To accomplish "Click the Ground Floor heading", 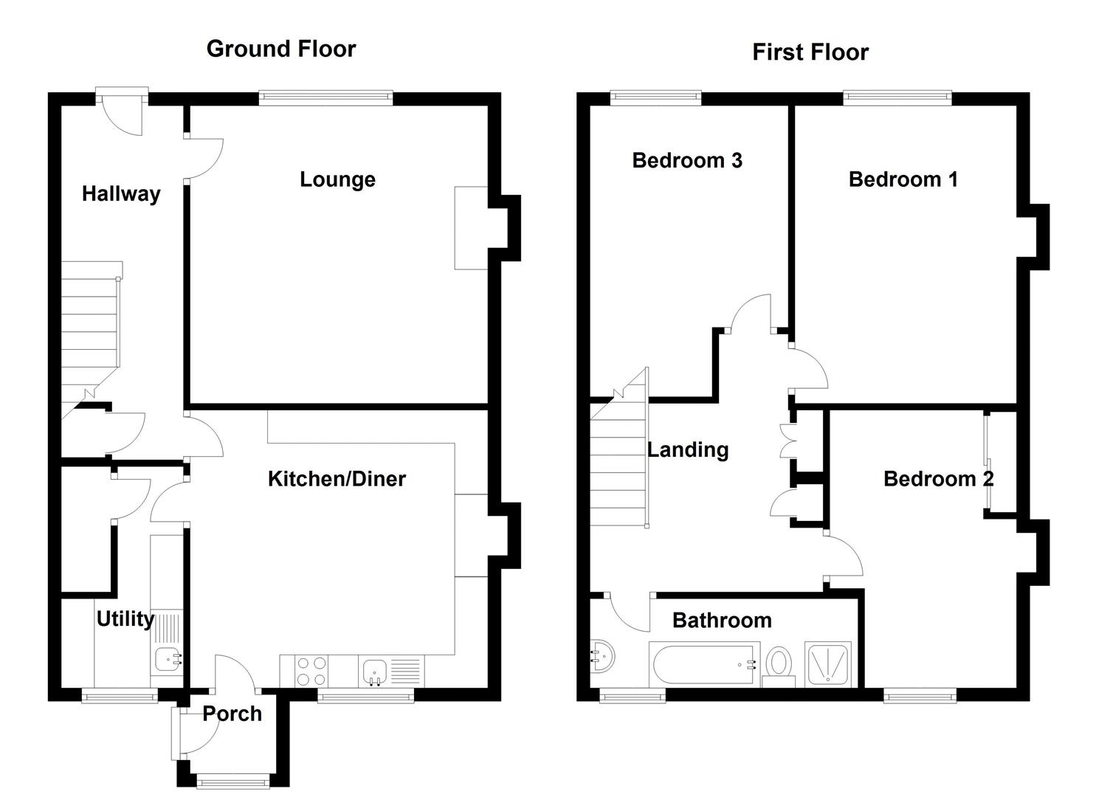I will tap(281, 49).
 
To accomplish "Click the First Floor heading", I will tap(810, 52).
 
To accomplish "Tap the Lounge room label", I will tap(337, 179).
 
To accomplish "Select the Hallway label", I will tap(121, 194).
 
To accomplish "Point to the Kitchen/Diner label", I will tap(337, 479).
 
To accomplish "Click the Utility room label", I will tap(125, 618).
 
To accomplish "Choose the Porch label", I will tap(232, 714).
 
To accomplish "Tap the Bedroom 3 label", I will tap(686, 160).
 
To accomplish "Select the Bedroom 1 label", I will tap(903, 179).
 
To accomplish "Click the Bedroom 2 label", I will tap(938, 479).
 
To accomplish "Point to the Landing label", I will tap(688, 449).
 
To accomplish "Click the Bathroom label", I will tap(722, 620).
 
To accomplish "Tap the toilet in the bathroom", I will tap(778, 662).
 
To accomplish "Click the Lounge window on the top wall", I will tap(325, 98).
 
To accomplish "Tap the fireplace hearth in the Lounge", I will tap(471, 227).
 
